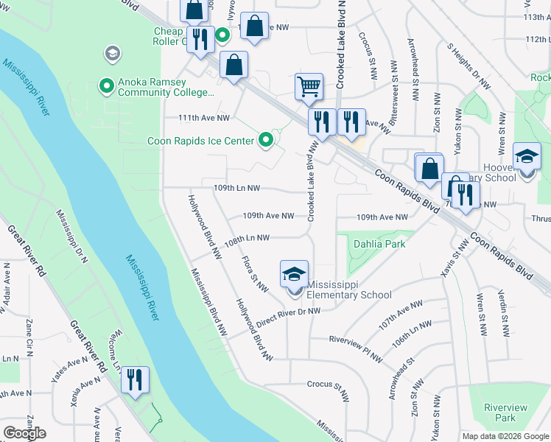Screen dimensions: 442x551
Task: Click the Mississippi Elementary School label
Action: tap(349, 290)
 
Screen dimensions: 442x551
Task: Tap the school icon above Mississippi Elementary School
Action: tap(294, 275)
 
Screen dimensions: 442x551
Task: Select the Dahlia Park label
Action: tap(379, 244)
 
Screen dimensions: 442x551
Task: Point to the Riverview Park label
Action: tap(505, 413)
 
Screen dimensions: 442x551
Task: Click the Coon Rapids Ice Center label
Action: tap(200, 141)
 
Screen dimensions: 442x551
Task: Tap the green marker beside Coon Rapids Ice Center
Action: tap(265, 140)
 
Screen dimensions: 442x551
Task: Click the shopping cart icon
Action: tap(309, 86)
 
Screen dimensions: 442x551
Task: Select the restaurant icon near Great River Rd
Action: tap(135, 380)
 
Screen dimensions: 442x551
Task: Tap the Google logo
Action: tap(24, 433)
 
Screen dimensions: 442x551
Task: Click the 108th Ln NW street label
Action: tap(247, 238)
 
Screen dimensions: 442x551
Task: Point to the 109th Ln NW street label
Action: tap(236, 188)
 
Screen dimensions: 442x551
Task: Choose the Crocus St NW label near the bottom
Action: tap(326, 385)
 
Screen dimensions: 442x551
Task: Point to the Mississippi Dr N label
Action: tap(73, 236)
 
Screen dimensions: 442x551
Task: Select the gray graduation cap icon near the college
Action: tap(112, 53)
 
